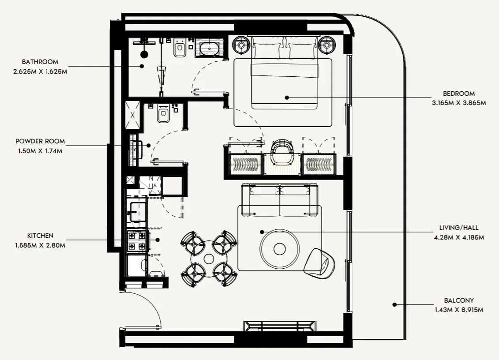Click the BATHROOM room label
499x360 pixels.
tap(40, 62)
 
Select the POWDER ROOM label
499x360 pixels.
tap(40, 141)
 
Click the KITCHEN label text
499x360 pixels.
tap(40, 236)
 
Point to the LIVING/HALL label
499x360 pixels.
tap(459, 228)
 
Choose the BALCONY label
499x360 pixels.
tap(459, 301)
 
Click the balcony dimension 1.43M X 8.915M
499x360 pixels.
tap(459, 310)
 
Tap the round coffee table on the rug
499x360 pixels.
tap(280, 249)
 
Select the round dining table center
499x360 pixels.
tap(209, 258)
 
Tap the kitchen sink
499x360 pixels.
tap(137, 211)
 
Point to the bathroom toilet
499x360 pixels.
tap(180, 49)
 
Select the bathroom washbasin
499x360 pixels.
tap(209, 48)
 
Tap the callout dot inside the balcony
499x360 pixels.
tap(395, 304)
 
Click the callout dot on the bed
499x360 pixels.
tap(287, 97)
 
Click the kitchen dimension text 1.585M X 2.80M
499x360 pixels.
tap(40, 245)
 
